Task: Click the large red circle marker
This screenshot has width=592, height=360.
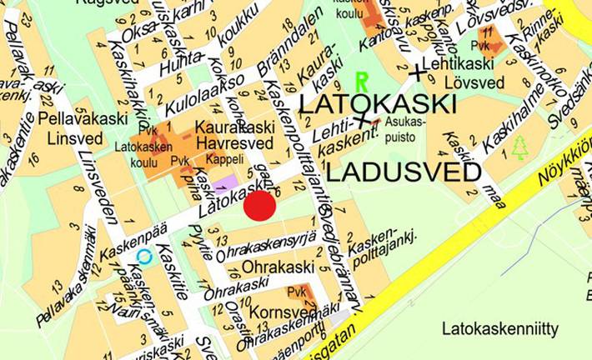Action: [259, 205]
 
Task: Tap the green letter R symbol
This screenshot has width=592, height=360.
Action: [361, 82]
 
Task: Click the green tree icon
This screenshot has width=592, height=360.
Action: [520, 147]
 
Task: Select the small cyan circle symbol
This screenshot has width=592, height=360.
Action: [144, 257]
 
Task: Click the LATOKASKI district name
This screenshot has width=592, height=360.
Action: [377, 105]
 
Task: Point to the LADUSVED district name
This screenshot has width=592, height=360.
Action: [404, 172]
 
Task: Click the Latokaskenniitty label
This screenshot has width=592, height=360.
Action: [500, 327]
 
